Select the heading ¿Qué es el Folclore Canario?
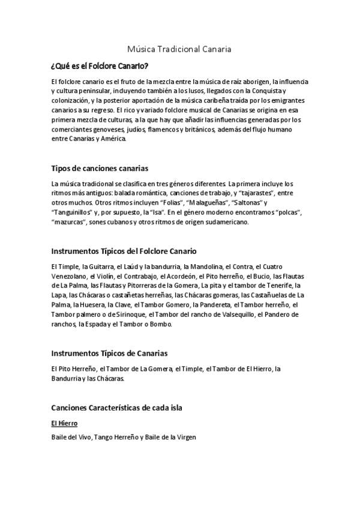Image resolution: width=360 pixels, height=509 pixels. (100, 65)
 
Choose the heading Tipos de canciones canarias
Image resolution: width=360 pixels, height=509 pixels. (100, 167)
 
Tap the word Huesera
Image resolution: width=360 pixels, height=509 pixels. (97, 305)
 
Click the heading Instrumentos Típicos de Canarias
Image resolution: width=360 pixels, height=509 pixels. (109, 353)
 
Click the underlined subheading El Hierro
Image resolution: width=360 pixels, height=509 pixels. (65, 423)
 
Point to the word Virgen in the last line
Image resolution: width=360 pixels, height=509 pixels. (185, 437)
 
